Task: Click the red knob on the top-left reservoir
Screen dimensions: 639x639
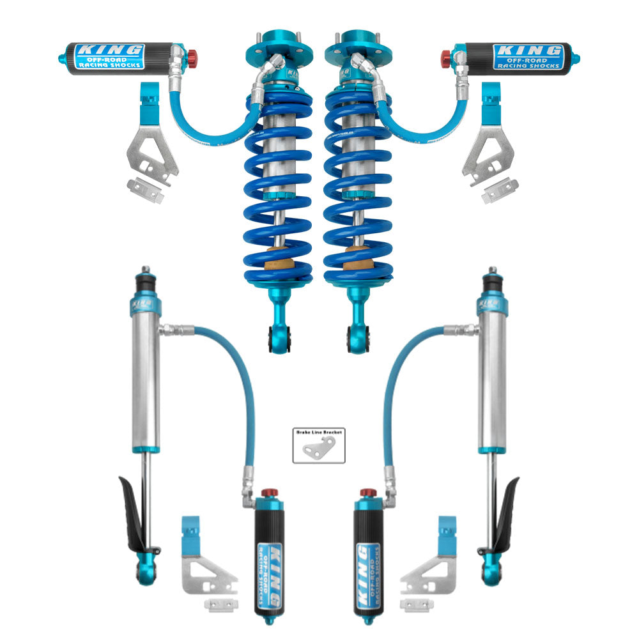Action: (x=192, y=59)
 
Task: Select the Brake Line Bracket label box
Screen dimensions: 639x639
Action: (x=319, y=445)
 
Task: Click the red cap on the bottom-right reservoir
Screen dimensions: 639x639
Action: (x=367, y=493)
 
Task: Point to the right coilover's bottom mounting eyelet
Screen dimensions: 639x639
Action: (x=358, y=335)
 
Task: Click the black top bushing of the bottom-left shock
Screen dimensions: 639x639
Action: (x=146, y=282)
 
